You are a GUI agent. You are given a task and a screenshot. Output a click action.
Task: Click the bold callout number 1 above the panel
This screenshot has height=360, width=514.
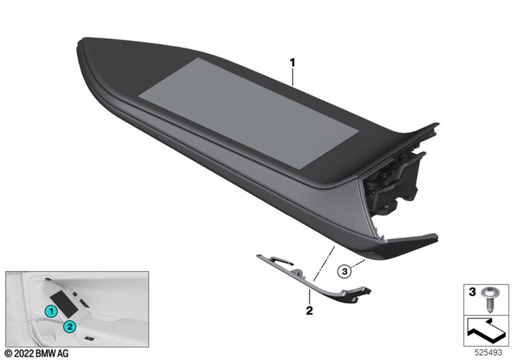tap(292, 62)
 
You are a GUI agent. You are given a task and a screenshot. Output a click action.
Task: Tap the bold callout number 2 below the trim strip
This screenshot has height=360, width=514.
tap(309, 310)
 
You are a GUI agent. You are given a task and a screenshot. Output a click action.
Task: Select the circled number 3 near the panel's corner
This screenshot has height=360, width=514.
tap(344, 271)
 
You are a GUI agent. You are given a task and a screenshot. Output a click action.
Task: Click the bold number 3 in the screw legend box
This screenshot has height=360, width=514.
tap(472, 292)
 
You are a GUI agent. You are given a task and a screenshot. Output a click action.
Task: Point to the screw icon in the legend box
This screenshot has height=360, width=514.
tap(487, 299)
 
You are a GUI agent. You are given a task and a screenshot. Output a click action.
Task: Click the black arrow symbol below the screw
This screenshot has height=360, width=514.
tap(486, 331)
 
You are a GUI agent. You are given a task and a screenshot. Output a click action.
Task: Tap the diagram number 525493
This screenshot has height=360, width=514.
tap(488, 353)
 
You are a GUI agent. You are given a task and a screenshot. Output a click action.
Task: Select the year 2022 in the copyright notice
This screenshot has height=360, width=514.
tap(24, 353)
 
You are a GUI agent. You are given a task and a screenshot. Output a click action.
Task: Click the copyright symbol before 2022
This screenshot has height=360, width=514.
tap(9, 353)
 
